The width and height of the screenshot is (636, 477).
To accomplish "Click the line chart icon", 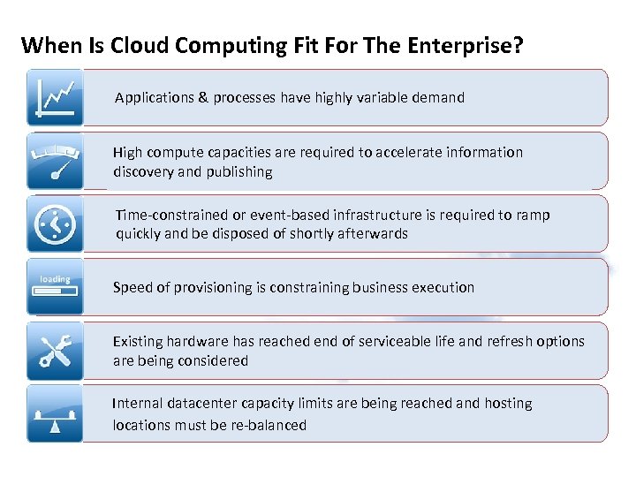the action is (55, 98).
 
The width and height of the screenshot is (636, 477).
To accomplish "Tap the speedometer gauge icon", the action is (55, 161).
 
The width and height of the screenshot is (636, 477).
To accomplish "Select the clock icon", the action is (55, 224).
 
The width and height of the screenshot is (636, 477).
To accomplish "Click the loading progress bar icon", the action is (55, 287).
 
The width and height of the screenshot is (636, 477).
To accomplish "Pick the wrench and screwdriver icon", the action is (55, 351).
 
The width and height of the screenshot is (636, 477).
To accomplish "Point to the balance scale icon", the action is (55, 413).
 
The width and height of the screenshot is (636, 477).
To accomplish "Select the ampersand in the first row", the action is (202, 98).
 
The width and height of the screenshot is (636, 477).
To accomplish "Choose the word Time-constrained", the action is (172, 216).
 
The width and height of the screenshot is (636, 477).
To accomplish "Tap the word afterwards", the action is (371, 234).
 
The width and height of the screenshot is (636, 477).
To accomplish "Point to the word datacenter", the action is (205, 404).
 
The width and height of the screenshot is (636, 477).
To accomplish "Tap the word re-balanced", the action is (268, 425).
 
